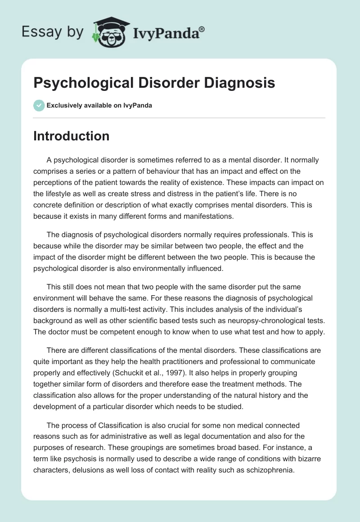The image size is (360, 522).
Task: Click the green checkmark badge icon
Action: pos(39,106)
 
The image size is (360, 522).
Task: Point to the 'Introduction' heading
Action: pos(72,136)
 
